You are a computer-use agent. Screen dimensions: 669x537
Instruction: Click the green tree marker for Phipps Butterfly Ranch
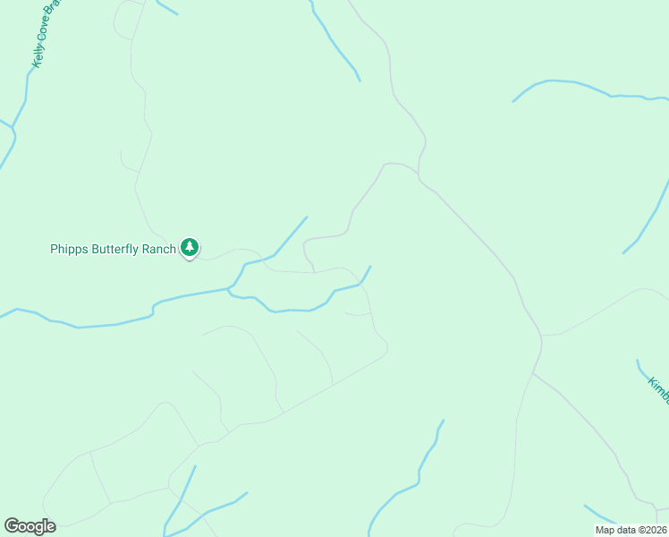point(190,246)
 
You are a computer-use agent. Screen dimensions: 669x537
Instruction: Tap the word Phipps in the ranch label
point(69,250)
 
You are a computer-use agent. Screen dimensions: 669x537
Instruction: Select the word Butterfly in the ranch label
point(114,250)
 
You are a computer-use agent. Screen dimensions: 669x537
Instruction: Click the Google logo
point(30,526)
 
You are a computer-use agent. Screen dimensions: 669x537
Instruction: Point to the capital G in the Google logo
point(12,525)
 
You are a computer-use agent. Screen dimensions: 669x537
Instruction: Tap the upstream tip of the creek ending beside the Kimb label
point(638,361)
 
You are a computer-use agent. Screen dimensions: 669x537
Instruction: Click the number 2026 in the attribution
point(655,530)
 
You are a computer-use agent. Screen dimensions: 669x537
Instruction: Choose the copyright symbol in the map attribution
point(639,530)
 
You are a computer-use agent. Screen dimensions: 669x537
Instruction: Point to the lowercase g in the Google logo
point(38,528)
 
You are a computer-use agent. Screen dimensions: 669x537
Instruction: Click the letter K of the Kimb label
point(652,380)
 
